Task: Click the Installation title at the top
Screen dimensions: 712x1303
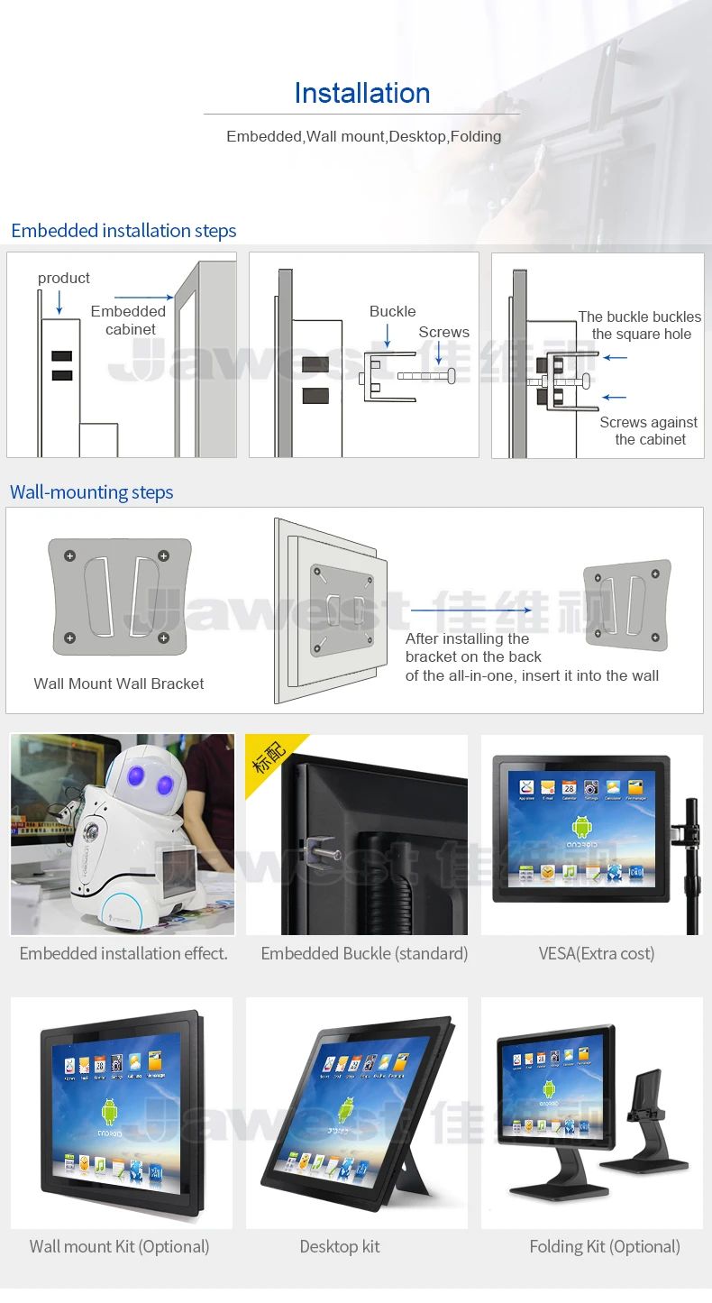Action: (x=361, y=94)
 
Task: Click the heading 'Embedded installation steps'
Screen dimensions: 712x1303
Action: (x=123, y=231)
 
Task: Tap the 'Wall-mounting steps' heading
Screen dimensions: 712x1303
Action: (x=91, y=492)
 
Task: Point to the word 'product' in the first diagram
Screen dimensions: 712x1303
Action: (x=64, y=279)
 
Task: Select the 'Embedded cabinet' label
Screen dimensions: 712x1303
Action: (x=129, y=320)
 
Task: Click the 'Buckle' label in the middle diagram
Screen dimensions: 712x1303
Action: (x=392, y=312)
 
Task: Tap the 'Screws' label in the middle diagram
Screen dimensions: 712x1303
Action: (x=443, y=333)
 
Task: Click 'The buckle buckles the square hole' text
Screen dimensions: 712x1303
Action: (x=640, y=326)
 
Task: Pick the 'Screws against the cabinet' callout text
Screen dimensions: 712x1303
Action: (x=649, y=431)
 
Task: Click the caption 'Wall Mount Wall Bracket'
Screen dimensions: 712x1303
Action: (x=119, y=684)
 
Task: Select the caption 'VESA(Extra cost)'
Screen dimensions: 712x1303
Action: (x=597, y=953)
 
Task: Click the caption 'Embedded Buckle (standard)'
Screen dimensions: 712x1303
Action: (x=364, y=953)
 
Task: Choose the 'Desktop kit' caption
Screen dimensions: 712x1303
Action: (x=340, y=1246)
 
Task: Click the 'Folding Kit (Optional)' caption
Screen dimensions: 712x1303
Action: (x=605, y=1246)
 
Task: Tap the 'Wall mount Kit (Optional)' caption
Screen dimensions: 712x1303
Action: (x=119, y=1246)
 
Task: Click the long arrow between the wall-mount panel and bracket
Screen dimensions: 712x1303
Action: (x=470, y=610)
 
